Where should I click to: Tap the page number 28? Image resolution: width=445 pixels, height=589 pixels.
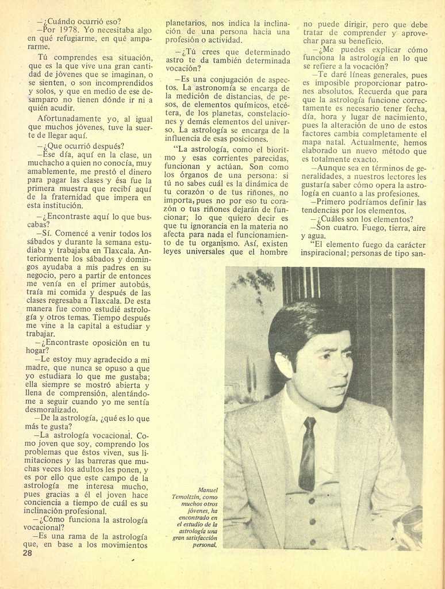27,553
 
